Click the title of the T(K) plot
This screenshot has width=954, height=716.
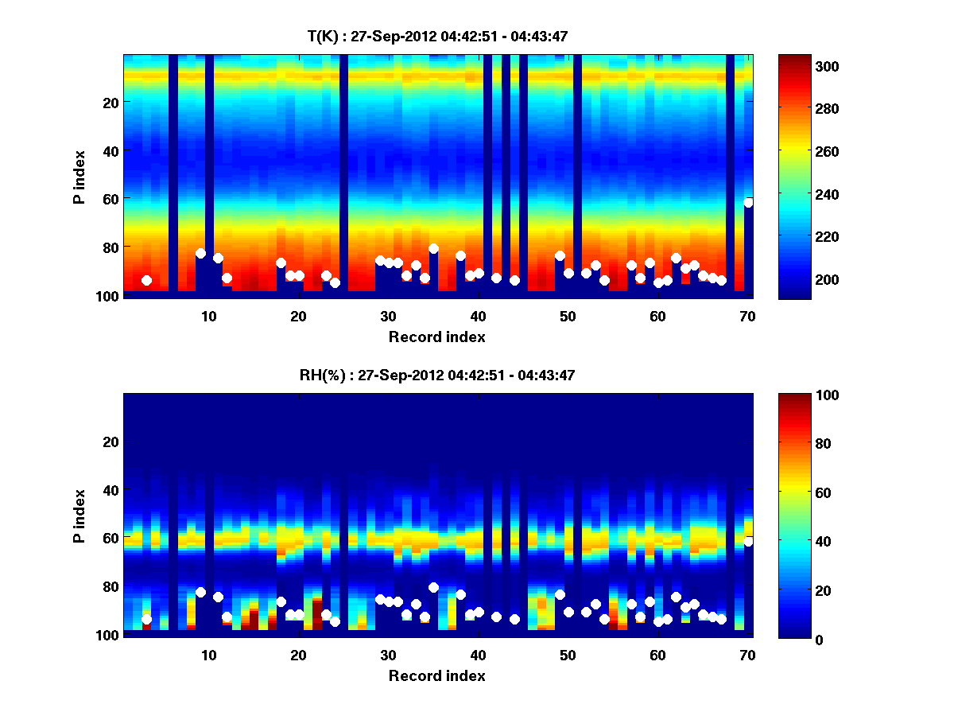point(437,36)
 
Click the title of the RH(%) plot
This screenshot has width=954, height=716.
point(437,376)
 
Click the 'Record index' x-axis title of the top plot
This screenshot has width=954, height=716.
point(437,337)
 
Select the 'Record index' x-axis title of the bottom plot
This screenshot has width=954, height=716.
point(437,675)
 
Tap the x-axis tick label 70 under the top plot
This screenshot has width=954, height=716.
point(747,316)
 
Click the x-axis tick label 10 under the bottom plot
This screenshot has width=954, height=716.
point(208,655)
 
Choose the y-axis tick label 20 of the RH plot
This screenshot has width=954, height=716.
point(111,442)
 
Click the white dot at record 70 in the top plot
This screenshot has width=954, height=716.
point(748,203)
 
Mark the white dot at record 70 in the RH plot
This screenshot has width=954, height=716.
point(748,542)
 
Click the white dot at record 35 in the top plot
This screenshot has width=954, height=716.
point(433,248)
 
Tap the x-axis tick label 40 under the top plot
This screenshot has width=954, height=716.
point(478,316)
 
